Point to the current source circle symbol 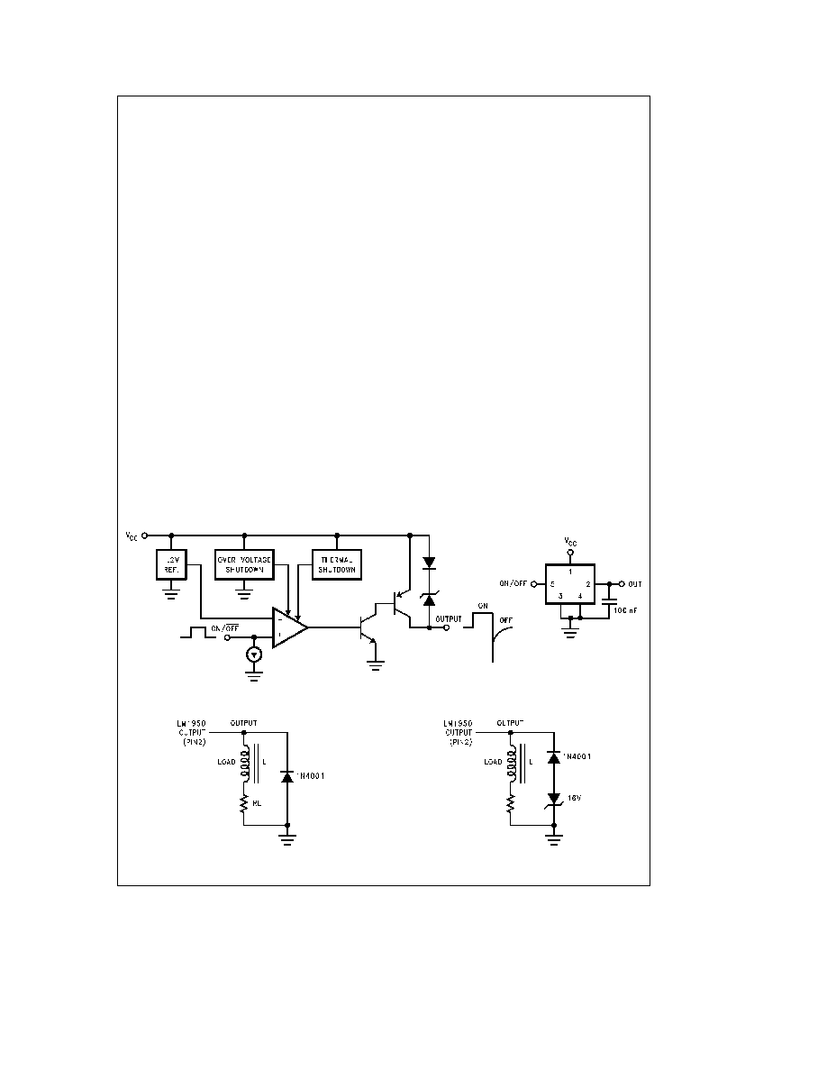255,654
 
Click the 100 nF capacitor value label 624,609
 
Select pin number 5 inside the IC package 551,585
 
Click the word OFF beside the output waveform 506,620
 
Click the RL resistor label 257,802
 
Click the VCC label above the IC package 569,542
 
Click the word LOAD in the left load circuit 226,763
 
